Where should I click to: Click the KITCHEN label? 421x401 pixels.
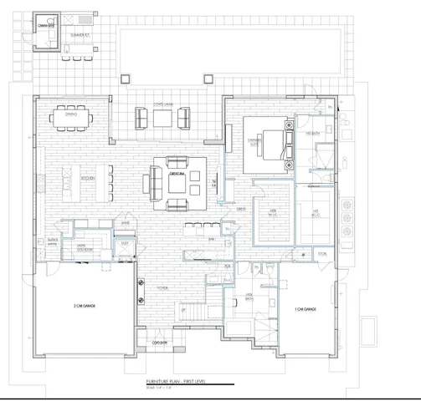pyautogui.click(x=88, y=178)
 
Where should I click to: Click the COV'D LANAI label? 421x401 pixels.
pyautogui.click(x=163, y=106)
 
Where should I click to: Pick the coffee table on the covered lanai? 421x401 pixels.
pyautogui.click(x=163, y=119)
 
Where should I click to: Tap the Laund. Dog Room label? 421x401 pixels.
pyautogui.click(x=86, y=247)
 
